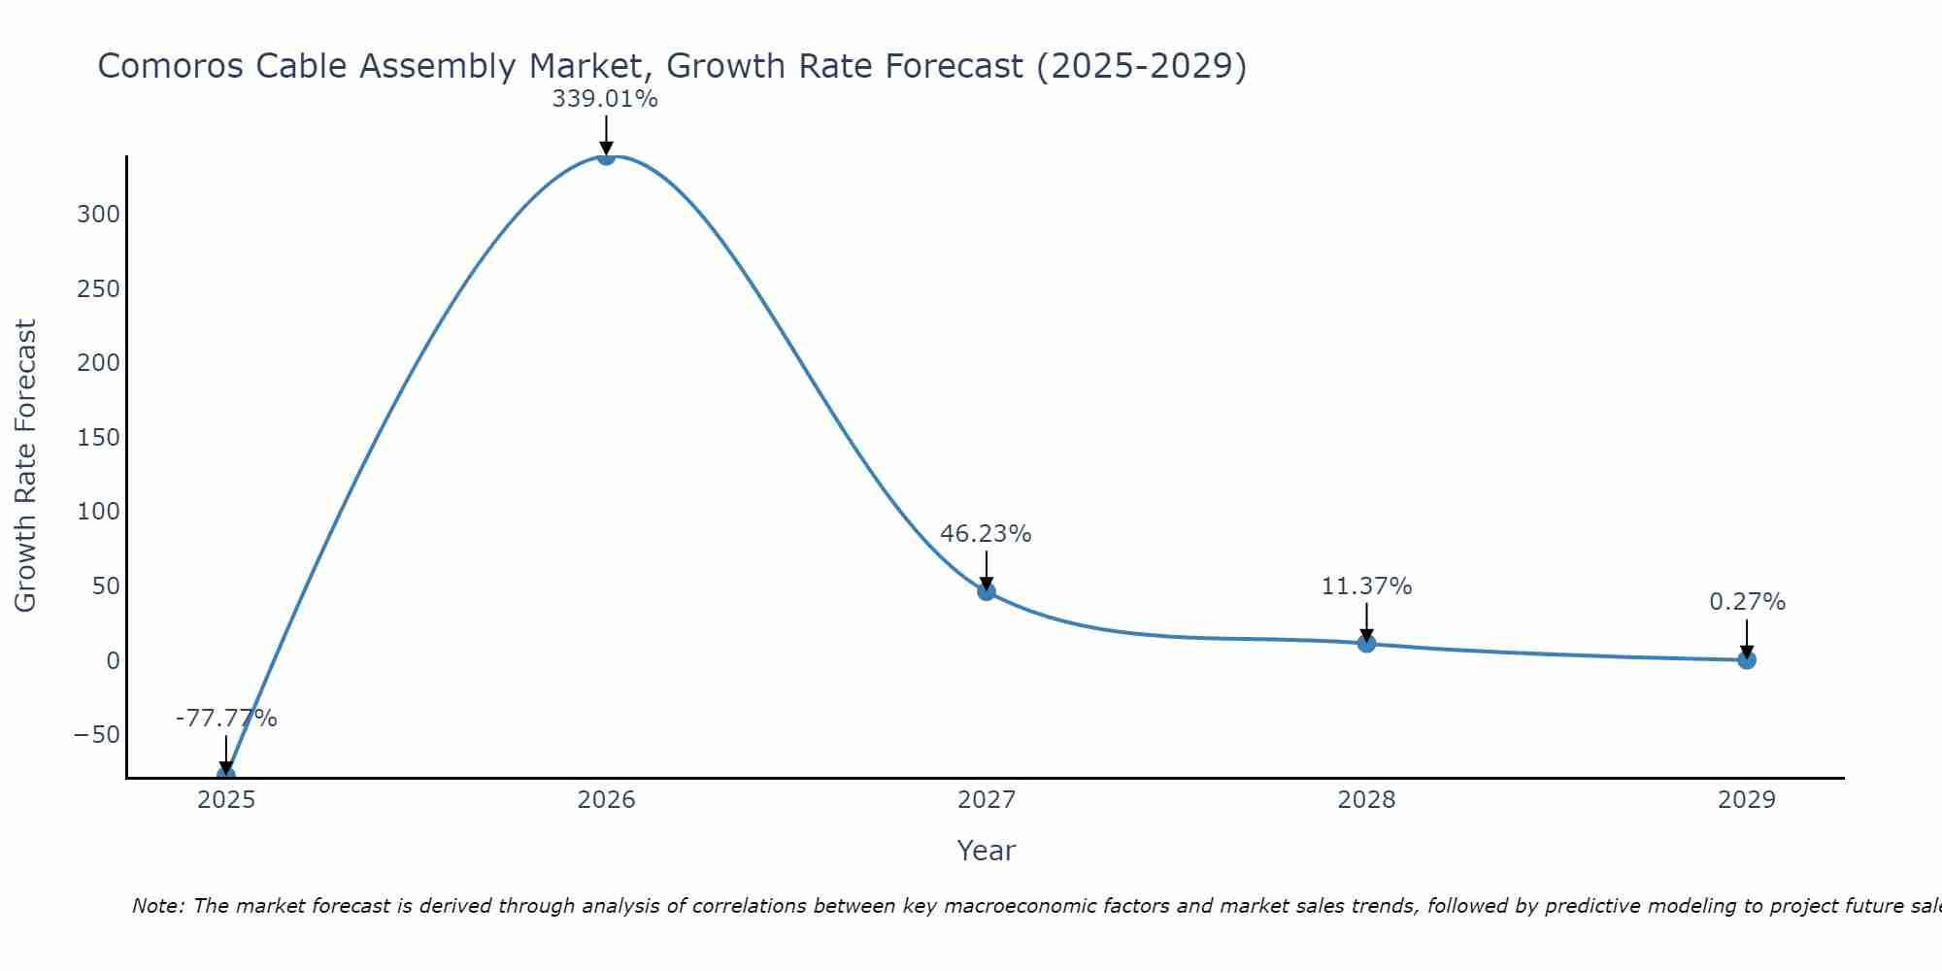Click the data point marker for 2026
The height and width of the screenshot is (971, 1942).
[606, 156]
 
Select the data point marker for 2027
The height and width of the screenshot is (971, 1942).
[987, 591]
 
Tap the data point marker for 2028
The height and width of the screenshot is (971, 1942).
[1366, 643]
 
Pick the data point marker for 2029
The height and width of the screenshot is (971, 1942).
[1747, 660]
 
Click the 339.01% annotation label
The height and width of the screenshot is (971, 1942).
[605, 99]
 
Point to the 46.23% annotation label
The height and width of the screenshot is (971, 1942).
[986, 534]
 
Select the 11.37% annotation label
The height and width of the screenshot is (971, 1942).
[1366, 586]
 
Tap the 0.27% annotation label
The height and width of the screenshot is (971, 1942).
[1747, 602]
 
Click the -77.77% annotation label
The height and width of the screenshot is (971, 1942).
[226, 719]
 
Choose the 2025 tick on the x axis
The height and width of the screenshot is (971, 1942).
[226, 800]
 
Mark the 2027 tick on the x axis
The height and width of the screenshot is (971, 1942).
[987, 800]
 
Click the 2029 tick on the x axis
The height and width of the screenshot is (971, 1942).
[1747, 800]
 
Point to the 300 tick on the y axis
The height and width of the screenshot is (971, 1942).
[98, 215]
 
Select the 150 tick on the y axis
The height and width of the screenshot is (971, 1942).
[98, 438]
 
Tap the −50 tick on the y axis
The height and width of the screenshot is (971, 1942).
[96, 735]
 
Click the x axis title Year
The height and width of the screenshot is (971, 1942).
[986, 851]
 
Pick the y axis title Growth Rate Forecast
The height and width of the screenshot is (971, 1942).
[25, 466]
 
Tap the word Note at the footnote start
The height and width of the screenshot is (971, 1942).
[157, 906]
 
